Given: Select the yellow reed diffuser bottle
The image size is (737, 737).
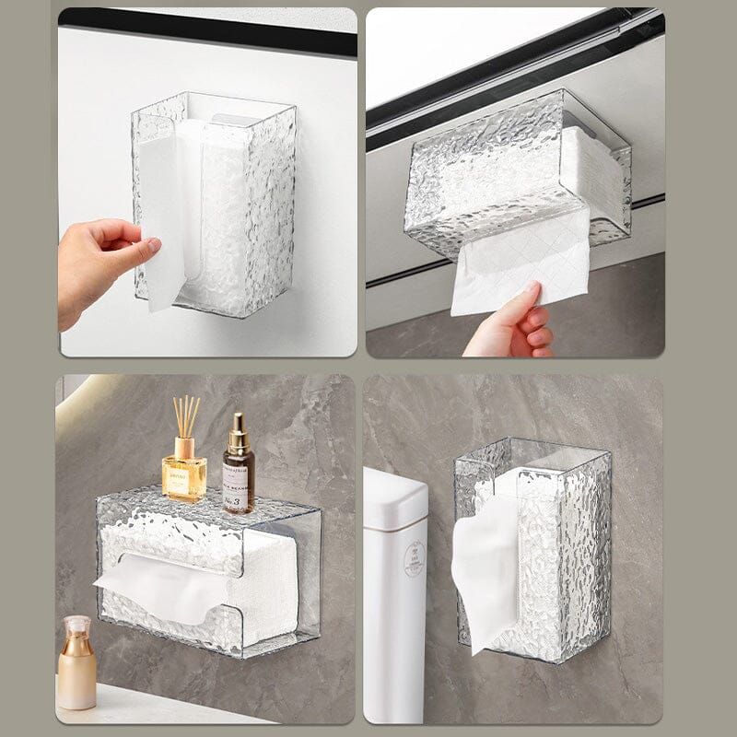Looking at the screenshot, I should click(x=184, y=474).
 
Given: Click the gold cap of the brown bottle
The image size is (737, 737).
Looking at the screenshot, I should click(x=239, y=429).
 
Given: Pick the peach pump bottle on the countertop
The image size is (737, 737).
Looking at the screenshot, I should click(x=76, y=668).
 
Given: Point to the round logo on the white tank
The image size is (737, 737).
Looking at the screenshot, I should click(x=415, y=559).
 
